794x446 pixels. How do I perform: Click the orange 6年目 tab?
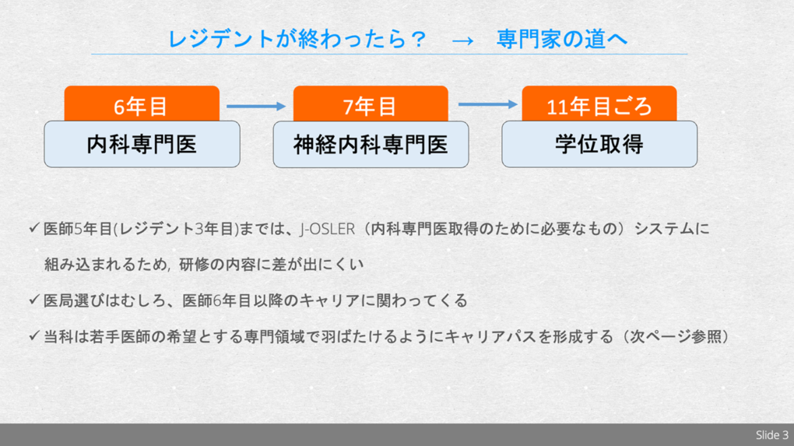click(141, 105)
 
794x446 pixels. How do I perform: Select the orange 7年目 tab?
click(370, 105)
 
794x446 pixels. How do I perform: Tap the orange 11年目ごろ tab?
click(599, 105)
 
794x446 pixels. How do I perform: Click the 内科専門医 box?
click(142, 145)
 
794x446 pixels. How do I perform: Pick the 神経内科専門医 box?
click(371, 145)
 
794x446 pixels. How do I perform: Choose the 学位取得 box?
click(599, 145)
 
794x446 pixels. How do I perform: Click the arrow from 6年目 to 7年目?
click(256, 106)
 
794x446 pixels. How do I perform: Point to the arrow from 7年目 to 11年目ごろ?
click(487, 104)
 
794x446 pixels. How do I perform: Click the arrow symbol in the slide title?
click(462, 40)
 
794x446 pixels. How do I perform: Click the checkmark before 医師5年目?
click(33, 229)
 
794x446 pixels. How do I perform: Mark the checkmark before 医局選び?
click(33, 300)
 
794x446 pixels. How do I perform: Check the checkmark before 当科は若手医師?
click(33, 336)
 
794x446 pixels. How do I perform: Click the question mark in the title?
click(417, 39)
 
